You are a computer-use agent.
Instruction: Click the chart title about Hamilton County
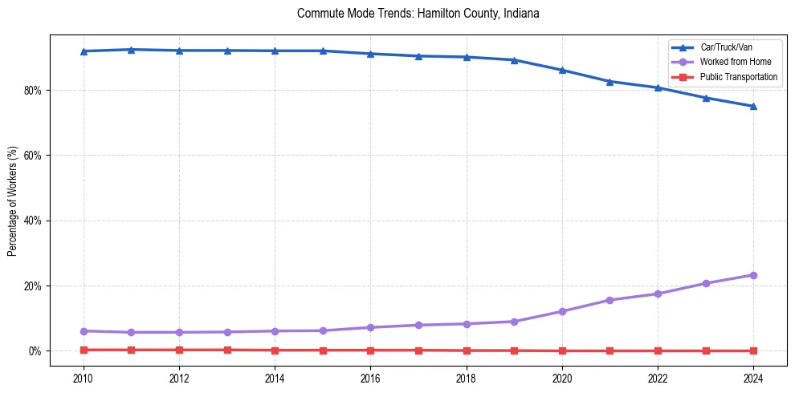pos(418,14)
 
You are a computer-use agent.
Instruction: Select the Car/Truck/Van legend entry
pos(726,47)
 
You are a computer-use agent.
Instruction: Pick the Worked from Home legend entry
pos(736,63)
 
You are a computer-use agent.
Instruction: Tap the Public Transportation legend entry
pos(739,77)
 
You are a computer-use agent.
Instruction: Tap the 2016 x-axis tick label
pos(370,377)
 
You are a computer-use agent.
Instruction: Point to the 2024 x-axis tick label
pos(753,377)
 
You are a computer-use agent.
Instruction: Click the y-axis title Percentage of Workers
pos(13,201)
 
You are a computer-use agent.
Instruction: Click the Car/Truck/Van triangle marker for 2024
pos(753,107)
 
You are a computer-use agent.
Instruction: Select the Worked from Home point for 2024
pos(753,275)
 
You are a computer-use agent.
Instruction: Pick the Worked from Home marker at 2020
pos(562,311)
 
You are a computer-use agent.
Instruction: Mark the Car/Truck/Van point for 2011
pos(131,50)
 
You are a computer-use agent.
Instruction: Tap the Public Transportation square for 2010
pos(84,350)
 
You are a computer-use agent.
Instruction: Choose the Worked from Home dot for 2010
pos(84,331)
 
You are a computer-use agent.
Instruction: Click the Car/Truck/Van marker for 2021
pos(609,82)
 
